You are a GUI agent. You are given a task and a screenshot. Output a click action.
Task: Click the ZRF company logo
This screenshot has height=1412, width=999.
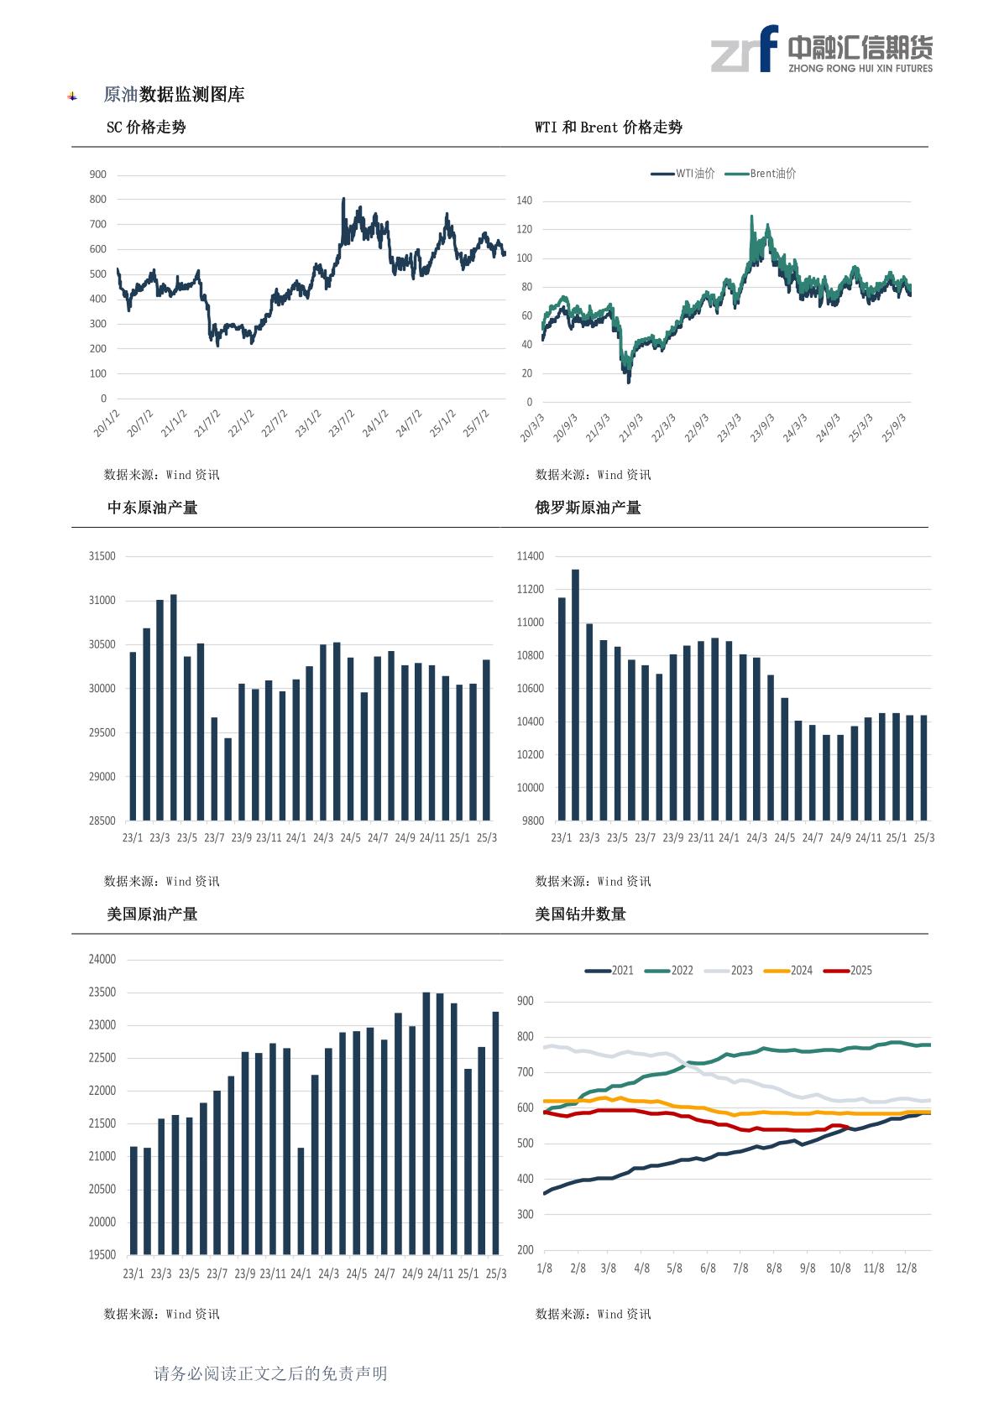point(822,49)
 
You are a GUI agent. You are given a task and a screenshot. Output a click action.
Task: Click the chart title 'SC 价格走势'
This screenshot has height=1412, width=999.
point(146,128)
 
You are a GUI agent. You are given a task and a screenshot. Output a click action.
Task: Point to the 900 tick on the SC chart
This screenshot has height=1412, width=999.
point(98,175)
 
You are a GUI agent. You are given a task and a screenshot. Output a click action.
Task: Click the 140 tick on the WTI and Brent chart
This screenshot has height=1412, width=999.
point(525,201)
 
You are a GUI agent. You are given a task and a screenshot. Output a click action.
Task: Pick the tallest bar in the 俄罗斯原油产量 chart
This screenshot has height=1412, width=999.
point(575,695)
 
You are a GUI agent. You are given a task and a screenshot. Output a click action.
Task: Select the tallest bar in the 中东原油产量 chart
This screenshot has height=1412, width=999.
point(174,707)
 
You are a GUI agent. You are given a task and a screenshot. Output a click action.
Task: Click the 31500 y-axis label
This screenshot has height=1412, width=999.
point(102,556)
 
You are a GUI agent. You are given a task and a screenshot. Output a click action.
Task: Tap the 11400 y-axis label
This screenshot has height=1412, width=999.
point(531,556)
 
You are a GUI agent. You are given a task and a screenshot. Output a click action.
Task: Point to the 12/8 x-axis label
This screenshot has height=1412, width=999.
point(907,1269)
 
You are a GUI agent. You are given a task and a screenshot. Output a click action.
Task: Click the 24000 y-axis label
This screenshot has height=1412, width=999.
point(102,960)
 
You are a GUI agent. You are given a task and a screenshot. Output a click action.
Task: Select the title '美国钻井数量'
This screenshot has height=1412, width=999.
point(581,914)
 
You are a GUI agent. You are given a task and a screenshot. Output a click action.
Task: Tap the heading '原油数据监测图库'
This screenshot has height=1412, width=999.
point(174,96)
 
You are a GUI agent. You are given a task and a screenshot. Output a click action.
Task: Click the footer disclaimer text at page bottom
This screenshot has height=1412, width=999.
point(270,1373)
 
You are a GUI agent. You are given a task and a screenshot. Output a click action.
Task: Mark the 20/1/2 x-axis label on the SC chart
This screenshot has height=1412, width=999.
point(107,424)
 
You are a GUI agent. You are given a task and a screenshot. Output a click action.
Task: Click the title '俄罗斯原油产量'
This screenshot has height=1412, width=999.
point(588,508)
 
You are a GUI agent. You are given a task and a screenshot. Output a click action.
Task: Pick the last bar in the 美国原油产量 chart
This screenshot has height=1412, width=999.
point(495,1133)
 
